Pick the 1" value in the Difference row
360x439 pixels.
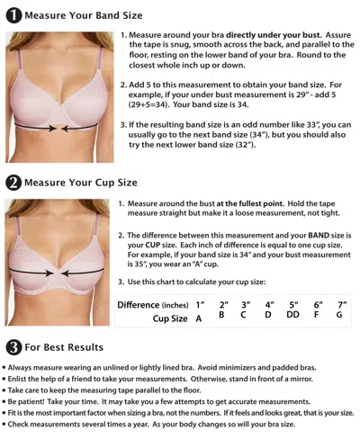[x=200, y=305]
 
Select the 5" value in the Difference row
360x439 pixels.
[x=292, y=305]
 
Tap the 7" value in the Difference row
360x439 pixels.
[x=340, y=305]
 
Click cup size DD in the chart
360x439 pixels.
[x=292, y=318]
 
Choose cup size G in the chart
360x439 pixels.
[x=340, y=318]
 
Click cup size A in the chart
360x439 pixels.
[x=199, y=318]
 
